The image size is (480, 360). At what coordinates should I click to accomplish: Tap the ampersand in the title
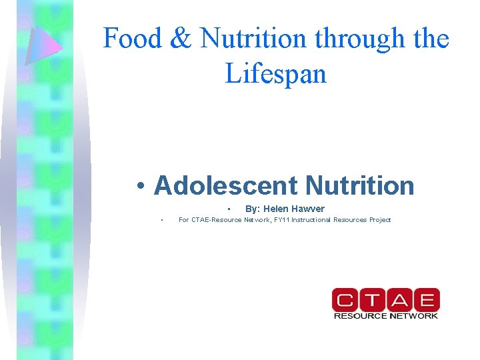pyautogui.click(x=181, y=39)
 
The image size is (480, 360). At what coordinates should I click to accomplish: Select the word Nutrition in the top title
pyautogui.click(x=254, y=39)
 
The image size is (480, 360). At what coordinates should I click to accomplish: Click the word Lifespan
pyautogui.click(x=276, y=73)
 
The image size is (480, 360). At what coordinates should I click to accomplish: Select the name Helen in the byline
pyautogui.click(x=276, y=209)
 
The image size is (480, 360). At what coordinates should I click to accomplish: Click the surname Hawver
pyautogui.click(x=308, y=209)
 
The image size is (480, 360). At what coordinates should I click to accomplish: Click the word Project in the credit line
pyautogui.click(x=377, y=219)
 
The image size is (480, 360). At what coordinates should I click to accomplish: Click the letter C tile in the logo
pyautogui.click(x=345, y=299)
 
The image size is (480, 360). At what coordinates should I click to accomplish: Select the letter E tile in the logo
pyautogui.click(x=427, y=299)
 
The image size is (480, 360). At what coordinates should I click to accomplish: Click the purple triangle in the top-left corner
pyautogui.click(x=42, y=45)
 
